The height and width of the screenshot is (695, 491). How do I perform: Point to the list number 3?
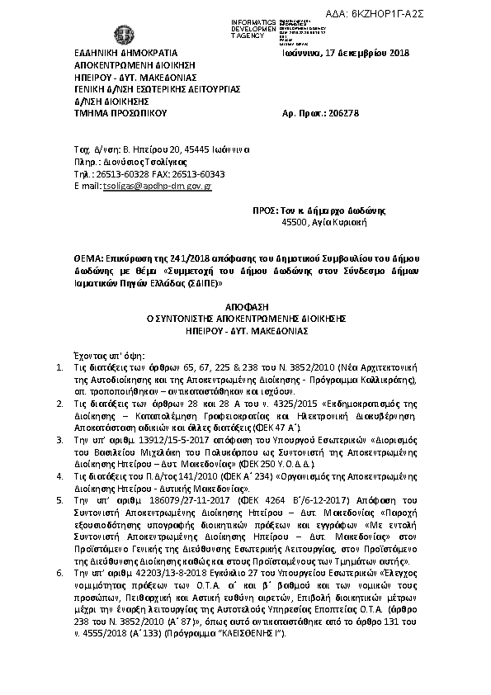pos(59,442)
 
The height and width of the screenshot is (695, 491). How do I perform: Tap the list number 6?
pos(59,571)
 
